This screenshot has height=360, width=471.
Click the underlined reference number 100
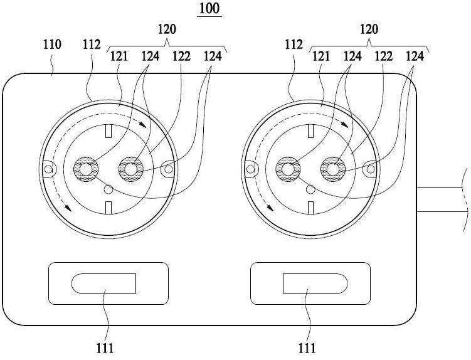point(209,9)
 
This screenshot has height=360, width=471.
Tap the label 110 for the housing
point(52,45)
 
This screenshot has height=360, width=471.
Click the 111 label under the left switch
point(105,348)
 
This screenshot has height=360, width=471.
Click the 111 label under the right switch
point(307,348)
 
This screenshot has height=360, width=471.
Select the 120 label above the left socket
point(167,29)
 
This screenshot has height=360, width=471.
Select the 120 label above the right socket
point(369,29)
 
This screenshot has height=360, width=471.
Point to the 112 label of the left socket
point(92,45)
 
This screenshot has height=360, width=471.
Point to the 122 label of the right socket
point(384,56)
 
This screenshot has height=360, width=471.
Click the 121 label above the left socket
point(119,56)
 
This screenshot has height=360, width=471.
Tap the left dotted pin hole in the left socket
point(86,169)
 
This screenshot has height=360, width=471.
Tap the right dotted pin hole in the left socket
point(130,169)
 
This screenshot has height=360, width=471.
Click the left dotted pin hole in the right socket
point(288,169)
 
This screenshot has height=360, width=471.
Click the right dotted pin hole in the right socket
point(333,169)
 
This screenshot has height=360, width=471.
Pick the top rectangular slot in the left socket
point(108,131)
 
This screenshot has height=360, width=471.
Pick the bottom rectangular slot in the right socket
point(311,208)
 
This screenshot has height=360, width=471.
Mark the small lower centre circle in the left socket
point(108,189)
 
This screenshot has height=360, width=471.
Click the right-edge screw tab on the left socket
point(167,169)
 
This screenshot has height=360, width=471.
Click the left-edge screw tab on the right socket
point(251,169)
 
